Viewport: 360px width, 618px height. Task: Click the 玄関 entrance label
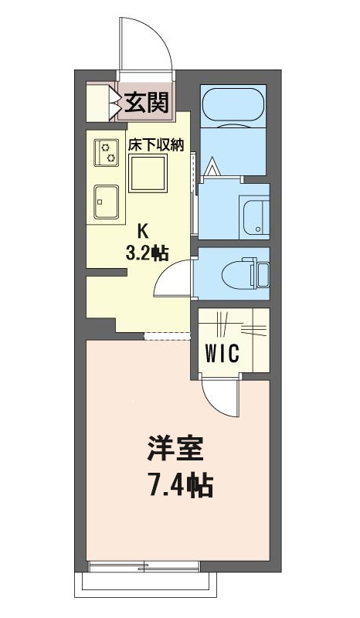pyautogui.click(x=147, y=103)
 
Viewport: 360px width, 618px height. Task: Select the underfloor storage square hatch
pyautogui.click(x=148, y=173)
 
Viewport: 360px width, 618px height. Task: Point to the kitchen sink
pyautogui.click(x=106, y=202)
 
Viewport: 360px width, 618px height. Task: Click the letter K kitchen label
pyautogui.click(x=142, y=229)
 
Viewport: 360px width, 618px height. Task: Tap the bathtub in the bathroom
pyautogui.click(x=234, y=105)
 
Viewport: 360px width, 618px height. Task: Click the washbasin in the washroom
pyautogui.click(x=255, y=209)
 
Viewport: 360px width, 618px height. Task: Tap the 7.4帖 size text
pyautogui.click(x=179, y=487)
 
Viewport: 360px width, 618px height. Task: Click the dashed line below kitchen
pyautogui.click(x=167, y=335)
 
